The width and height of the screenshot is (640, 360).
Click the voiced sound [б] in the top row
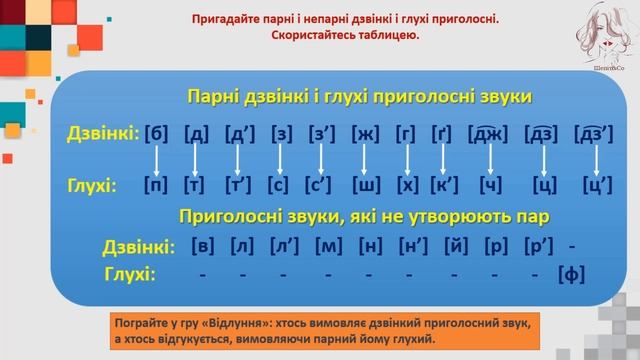click(156, 133)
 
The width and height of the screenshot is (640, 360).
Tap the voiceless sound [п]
click(156, 185)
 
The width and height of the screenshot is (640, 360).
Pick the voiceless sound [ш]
click(365, 185)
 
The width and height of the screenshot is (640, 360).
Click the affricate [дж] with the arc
click(490, 133)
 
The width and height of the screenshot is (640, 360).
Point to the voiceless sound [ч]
click(491, 185)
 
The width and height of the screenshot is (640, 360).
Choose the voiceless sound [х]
click(406, 185)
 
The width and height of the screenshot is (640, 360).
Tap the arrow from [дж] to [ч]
click(490, 159)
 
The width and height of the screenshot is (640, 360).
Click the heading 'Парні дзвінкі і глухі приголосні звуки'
click(359, 96)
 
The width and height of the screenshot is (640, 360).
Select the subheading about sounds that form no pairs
click(358, 215)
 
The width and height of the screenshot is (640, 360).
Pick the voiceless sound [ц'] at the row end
click(598, 185)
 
